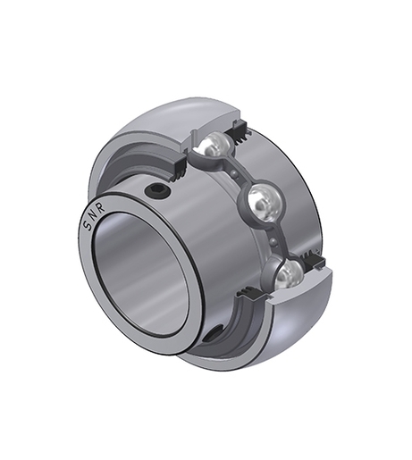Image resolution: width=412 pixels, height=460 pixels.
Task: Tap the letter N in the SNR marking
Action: (x=93, y=215)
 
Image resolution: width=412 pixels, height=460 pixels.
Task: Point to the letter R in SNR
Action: (x=100, y=203)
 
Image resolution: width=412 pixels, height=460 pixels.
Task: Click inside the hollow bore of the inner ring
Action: (x=143, y=268)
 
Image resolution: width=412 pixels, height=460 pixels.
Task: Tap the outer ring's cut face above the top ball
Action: (x=214, y=116)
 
